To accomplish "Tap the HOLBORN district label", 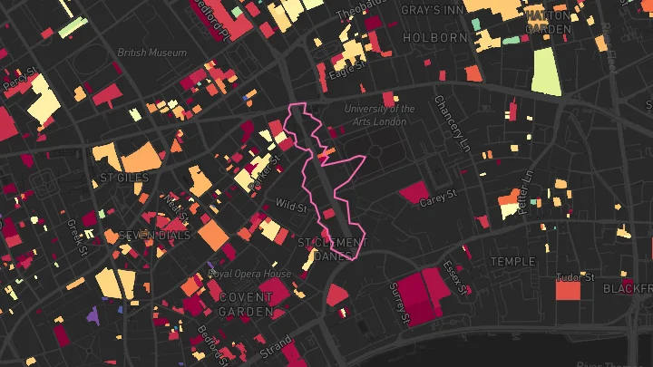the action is click(x=435, y=38).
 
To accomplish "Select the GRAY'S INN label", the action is click(x=433, y=10).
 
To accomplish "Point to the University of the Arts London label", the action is click(x=380, y=115).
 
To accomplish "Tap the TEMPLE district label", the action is click(x=507, y=261).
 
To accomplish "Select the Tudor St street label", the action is click(x=575, y=276).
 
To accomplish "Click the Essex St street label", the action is click(x=453, y=270).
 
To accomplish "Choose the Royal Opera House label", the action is click(x=250, y=273).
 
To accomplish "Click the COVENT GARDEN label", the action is click(x=246, y=304).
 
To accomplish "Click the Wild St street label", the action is click(x=291, y=205).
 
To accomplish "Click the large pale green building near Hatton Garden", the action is click(x=546, y=71).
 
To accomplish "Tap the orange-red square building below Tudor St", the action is click(x=568, y=290).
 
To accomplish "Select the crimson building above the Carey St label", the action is click(x=414, y=192).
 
